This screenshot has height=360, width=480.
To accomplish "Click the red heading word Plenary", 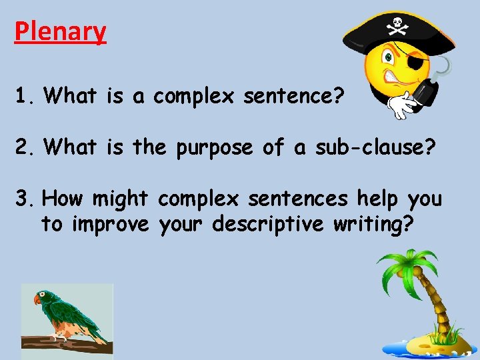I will [60, 31].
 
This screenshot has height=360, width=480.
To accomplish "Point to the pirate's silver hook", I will [441, 67].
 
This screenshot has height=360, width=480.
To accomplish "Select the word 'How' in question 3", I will [63, 199].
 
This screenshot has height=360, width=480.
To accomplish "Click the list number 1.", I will [24, 97].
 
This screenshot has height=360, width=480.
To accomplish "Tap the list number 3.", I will [24, 199].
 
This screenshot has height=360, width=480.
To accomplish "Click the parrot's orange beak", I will [38, 299].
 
